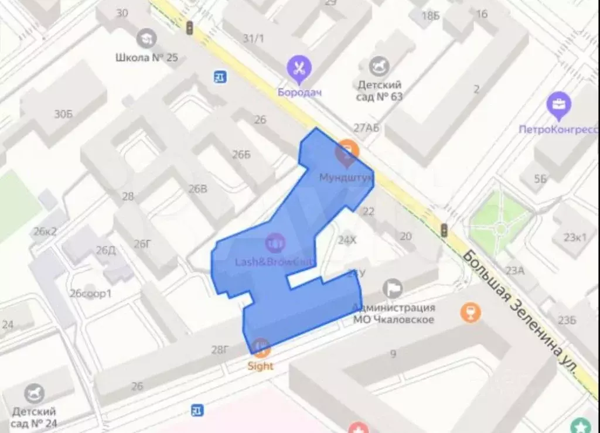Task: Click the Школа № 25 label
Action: click(146, 58)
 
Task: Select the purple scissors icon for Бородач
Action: click(300, 69)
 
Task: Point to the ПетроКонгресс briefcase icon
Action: click(558, 105)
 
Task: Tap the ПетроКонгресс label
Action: click(558, 129)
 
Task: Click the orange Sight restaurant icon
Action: click(261, 347)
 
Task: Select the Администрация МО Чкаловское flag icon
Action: click(392, 288)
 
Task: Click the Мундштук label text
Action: click(346, 177)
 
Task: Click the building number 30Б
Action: click(64, 114)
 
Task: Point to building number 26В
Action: click(197, 189)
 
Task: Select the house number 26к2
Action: click(45, 231)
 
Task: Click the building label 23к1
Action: click(575, 237)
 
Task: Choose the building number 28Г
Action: click(220, 350)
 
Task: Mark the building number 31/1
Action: click(253, 39)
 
